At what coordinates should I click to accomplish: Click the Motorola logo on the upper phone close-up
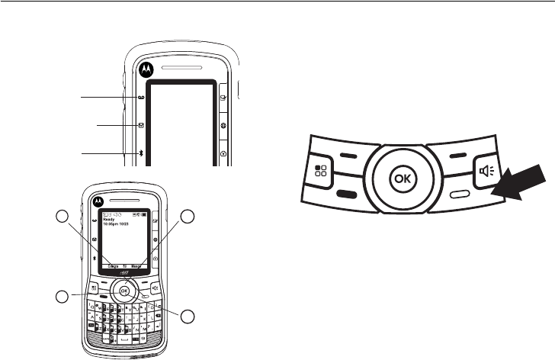click(x=145, y=67)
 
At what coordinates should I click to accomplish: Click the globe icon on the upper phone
click(x=224, y=124)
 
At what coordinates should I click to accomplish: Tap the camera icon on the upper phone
click(x=224, y=153)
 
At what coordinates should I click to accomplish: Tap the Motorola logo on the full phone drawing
click(x=98, y=201)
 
